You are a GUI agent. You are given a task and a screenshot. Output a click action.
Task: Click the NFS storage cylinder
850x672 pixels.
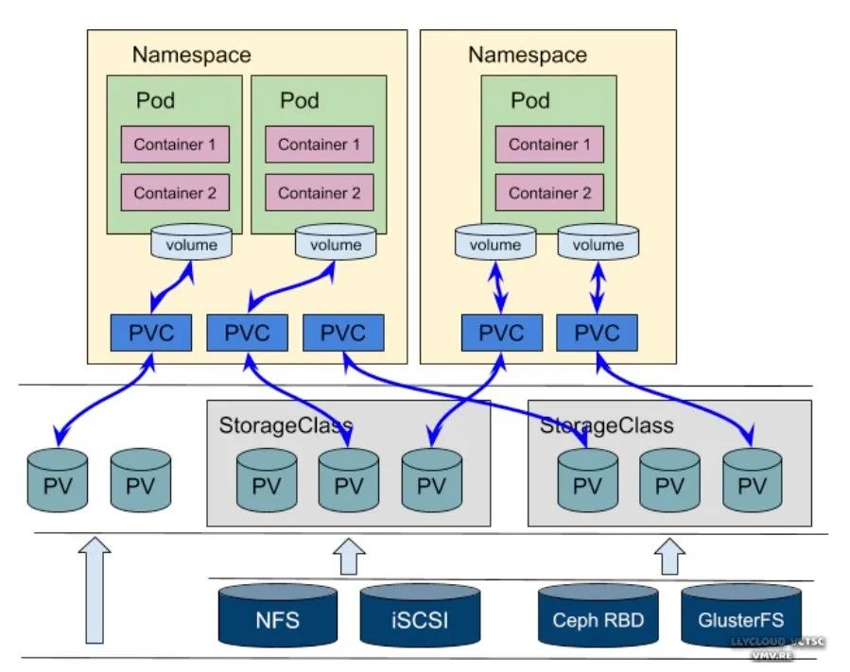coord(277,619)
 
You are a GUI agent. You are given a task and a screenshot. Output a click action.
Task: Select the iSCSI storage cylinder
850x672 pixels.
coord(418,619)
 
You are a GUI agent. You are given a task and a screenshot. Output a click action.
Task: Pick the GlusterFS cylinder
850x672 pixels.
coord(740,621)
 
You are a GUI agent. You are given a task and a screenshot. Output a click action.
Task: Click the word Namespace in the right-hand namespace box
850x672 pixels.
coord(527,55)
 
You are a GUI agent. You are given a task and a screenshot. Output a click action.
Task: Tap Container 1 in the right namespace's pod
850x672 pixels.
coord(549,145)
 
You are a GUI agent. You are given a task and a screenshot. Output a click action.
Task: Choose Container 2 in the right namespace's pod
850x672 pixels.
coord(549,193)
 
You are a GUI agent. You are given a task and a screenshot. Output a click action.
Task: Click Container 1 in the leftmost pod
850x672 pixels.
coord(175,145)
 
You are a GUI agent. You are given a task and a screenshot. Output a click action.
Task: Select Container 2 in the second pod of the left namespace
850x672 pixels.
coord(319,193)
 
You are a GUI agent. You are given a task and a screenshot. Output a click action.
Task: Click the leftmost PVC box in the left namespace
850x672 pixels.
coord(152,333)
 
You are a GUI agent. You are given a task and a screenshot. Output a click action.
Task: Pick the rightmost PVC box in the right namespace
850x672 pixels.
coord(597,333)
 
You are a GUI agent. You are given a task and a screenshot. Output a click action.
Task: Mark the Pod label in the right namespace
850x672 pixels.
coord(530,100)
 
